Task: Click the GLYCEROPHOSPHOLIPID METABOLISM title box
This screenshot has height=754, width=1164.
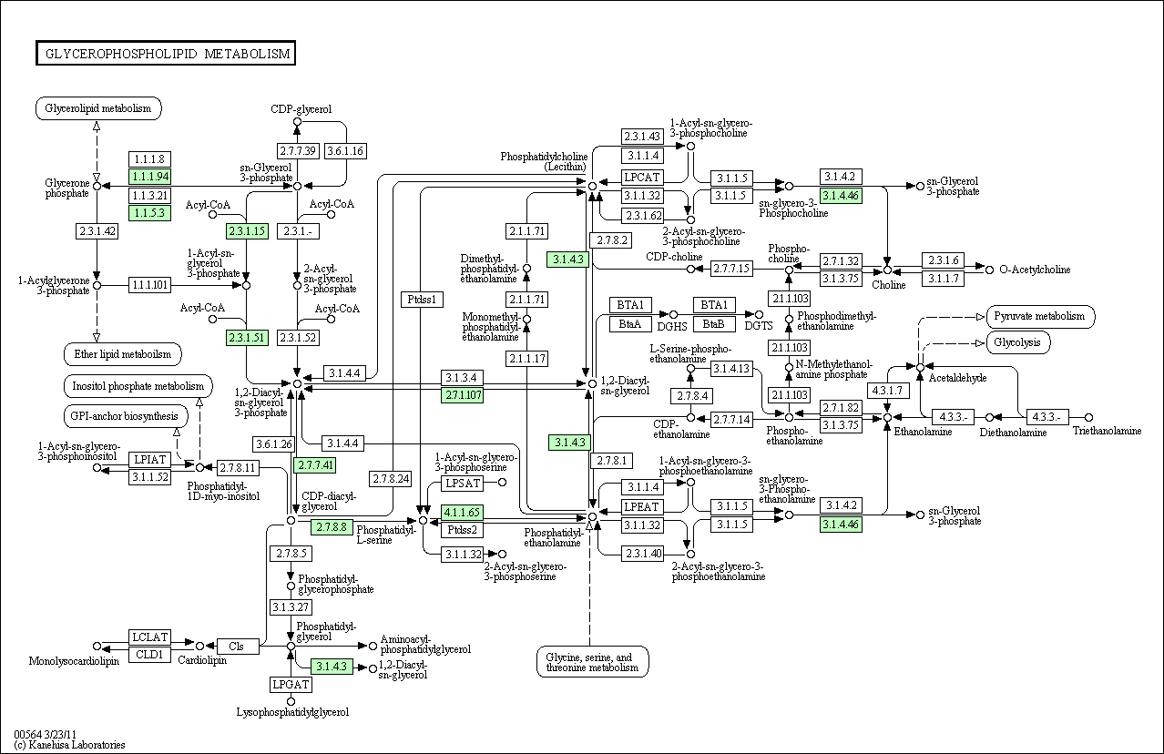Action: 165,54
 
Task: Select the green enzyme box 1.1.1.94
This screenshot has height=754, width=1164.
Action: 149,177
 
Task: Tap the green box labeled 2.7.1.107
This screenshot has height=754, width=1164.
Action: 463,395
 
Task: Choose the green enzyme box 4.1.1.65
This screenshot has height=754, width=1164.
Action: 463,512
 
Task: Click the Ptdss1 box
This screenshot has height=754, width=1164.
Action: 422,300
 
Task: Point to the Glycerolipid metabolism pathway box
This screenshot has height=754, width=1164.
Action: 99,109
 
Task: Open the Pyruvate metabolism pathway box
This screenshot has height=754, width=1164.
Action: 1040,317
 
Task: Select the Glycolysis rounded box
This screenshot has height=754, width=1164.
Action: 1018,342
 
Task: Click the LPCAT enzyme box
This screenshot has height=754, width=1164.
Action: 642,178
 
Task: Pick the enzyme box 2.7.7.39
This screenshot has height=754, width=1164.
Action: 297,150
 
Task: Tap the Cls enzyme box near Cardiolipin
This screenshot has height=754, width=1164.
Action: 237,647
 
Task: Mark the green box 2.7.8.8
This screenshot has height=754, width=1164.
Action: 332,527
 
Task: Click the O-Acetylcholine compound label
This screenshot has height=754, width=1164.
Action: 1035,270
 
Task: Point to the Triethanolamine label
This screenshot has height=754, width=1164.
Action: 1107,431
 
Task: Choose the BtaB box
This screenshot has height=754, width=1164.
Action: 715,323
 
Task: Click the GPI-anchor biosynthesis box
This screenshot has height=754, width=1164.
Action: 126,417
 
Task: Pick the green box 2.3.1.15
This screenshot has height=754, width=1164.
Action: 247,231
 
